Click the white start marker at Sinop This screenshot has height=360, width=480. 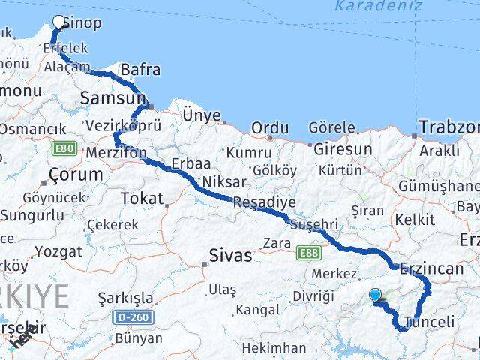pyautogui.click(x=59, y=22)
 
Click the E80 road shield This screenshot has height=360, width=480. pyautogui.click(x=64, y=149)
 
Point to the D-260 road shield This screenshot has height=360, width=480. pyautogui.click(x=134, y=318)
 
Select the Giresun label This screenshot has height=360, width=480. pyautogui.click(x=342, y=149)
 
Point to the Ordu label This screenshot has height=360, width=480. pyautogui.click(x=269, y=128)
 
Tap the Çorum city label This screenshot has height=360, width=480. pyautogui.click(x=75, y=175)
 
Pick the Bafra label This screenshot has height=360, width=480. pyautogui.click(x=139, y=70)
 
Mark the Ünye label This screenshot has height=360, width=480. pyautogui.click(x=202, y=115)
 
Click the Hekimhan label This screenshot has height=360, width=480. pyautogui.click(x=274, y=348)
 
